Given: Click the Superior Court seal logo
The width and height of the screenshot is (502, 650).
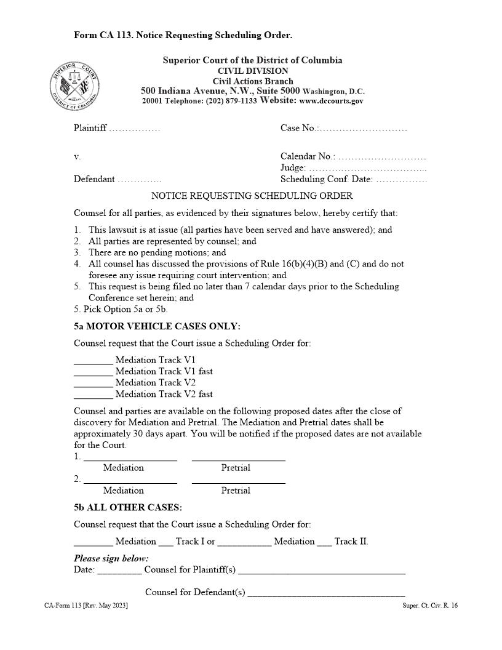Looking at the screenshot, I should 74,86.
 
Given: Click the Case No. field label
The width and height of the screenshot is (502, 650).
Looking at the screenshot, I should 298,128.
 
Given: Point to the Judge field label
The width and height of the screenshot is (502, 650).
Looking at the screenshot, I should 293,167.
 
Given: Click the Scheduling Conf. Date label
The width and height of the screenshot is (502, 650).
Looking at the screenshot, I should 326,179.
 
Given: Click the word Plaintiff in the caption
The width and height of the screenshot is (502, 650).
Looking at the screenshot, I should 90,128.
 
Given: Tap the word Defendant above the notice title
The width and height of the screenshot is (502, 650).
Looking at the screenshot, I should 94,179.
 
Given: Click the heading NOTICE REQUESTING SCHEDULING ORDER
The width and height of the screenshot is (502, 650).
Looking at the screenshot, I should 252,196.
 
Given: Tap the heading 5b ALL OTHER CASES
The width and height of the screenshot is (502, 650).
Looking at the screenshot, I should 127,508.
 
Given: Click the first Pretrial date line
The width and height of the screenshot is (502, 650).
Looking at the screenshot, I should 238,459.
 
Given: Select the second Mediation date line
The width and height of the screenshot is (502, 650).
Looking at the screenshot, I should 130,482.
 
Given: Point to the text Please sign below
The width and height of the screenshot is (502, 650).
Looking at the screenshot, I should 111,558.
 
